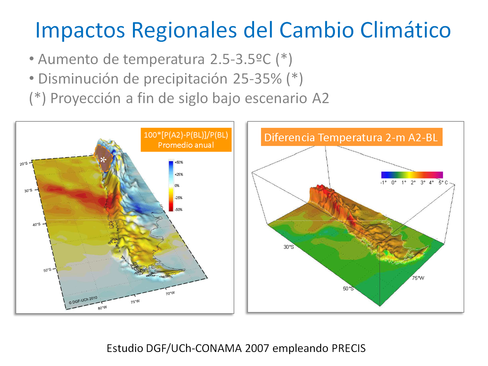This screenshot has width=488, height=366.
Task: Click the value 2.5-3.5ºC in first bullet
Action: (240, 59)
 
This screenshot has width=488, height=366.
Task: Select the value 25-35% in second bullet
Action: (257, 79)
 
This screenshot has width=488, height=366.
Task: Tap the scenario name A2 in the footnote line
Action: (320, 98)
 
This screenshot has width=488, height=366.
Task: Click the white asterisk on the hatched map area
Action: (103, 160)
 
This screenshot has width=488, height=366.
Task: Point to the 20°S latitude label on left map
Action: (23, 164)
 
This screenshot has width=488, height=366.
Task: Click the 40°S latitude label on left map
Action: (36, 224)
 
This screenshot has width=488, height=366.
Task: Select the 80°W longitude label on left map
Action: (102, 308)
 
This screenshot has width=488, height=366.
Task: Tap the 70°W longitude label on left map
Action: (170, 293)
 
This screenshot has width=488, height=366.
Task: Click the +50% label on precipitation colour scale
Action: (179, 162)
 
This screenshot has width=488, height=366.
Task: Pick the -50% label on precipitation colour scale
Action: (178, 210)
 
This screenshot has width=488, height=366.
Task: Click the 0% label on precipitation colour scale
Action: (177, 185)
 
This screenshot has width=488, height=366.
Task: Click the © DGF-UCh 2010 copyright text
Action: (83, 300)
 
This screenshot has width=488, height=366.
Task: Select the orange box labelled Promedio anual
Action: (186, 140)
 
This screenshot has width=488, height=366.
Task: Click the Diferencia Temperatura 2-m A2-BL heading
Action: (351, 137)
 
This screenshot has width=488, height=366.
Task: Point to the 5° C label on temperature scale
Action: (443, 182)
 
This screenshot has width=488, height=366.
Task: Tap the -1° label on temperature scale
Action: (383, 182)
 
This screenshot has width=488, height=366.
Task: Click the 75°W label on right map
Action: (418, 278)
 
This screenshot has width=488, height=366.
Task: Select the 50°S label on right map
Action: (348, 288)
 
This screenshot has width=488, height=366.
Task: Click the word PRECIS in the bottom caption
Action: (349, 348)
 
